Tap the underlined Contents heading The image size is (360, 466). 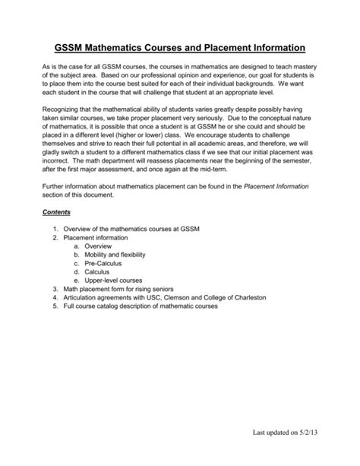[x=56, y=212]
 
